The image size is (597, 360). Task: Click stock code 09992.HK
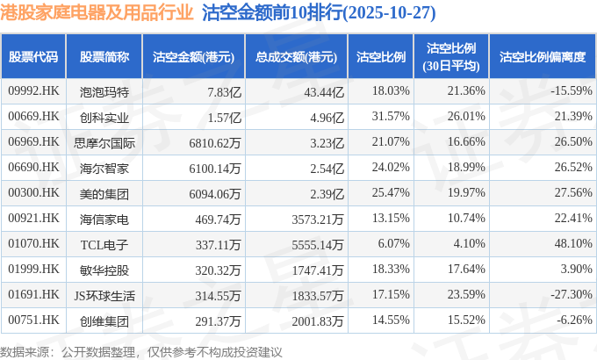tap(33, 90)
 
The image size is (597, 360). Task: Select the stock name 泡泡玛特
tap(104, 90)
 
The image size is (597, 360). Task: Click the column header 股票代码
tap(33, 57)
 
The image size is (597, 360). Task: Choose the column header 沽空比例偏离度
tap(542, 57)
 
